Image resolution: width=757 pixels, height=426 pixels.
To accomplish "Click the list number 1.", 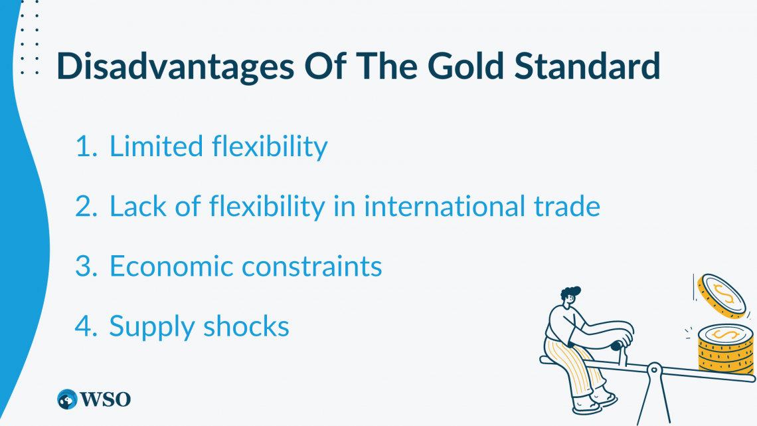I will pyautogui.click(x=86, y=147).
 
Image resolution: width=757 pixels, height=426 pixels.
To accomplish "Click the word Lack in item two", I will pyautogui.click(x=135, y=207).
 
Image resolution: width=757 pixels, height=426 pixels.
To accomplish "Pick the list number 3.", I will pyautogui.click(x=86, y=266).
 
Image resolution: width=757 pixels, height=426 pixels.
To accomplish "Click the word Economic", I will pyautogui.click(x=171, y=266).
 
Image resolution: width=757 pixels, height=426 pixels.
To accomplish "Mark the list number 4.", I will pyautogui.click(x=86, y=326).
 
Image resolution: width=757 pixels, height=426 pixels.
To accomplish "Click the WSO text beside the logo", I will pyautogui.click(x=106, y=399).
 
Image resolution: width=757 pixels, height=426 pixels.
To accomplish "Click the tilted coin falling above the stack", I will pyautogui.click(x=720, y=294).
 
